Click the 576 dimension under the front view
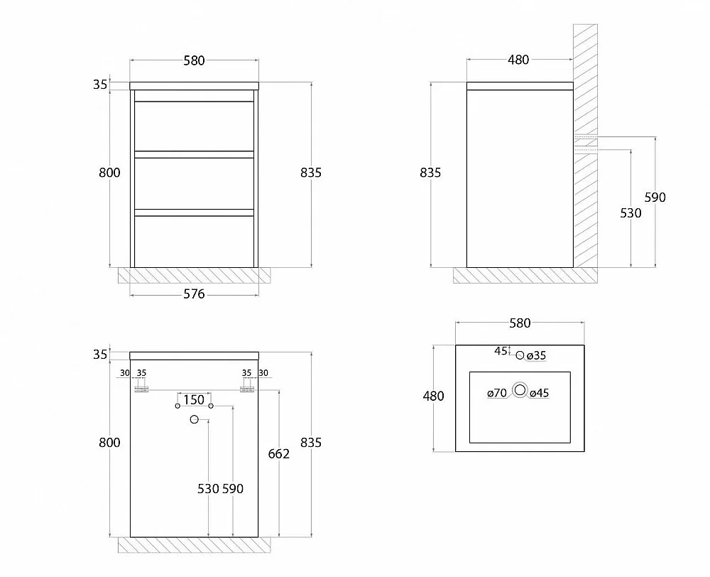pyautogui.click(x=194, y=294)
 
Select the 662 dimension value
pyautogui.click(x=278, y=454)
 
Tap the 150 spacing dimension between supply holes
pyautogui.click(x=194, y=400)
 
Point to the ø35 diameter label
pyautogui.click(x=537, y=356)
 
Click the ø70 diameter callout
pyautogui.click(x=497, y=393)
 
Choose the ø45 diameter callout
pyautogui.click(x=540, y=393)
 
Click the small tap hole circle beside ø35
pyautogui.click(x=520, y=355)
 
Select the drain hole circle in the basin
pyautogui.click(x=520, y=390)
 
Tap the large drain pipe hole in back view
pyautogui.click(x=195, y=420)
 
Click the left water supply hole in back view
pyautogui.click(x=177, y=406)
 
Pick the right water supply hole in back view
pyautogui.click(x=211, y=406)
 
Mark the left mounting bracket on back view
pyautogui.click(x=142, y=389)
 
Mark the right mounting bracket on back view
pyautogui.click(x=247, y=389)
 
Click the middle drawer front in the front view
pyautogui.click(x=195, y=183)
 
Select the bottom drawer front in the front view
pyautogui.click(x=195, y=242)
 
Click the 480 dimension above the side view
pyautogui.click(x=518, y=60)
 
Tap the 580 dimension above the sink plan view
pyautogui.click(x=520, y=323)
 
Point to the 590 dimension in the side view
pyautogui.click(x=655, y=197)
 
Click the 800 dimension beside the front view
pyautogui.click(x=109, y=173)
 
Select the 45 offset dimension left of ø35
pyautogui.click(x=501, y=351)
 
